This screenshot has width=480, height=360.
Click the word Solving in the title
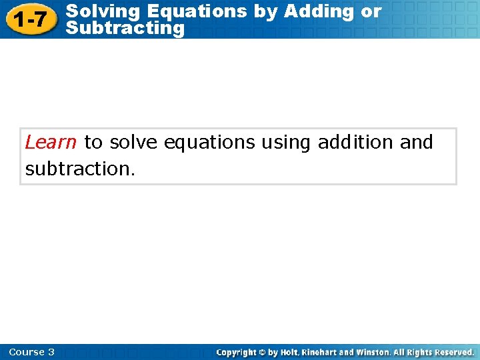tap(103, 11)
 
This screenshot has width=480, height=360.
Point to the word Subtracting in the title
tap(126, 28)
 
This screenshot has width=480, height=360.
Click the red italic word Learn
tap(51, 142)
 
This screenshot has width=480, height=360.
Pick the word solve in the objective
tap(133, 142)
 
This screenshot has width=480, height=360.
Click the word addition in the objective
tap(355, 142)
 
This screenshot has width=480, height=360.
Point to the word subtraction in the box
tap(80, 169)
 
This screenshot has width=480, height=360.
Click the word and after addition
tap(417, 142)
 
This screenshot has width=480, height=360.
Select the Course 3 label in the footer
tap(32, 352)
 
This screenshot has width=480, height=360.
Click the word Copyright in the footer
tap(241, 352)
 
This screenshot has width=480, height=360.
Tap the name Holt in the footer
tap(290, 352)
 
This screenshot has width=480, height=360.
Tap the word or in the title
tap(371, 11)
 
